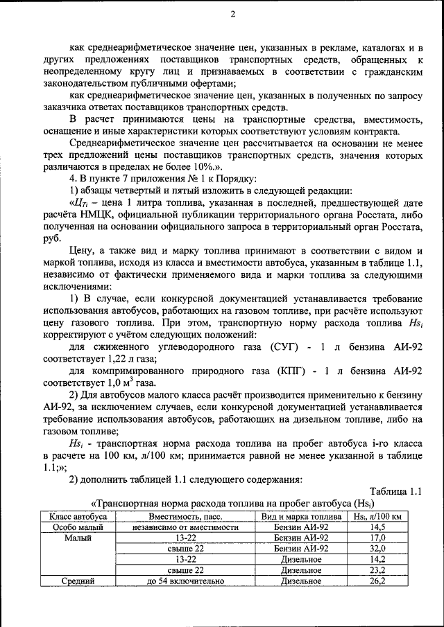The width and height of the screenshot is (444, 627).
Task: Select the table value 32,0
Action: [x=378, y=548]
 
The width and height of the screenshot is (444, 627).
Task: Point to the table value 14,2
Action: [x=378, y=559]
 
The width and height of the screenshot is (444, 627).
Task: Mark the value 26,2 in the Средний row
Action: [x=378, y=581]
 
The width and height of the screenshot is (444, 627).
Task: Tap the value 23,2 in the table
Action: [x=378, y=569]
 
